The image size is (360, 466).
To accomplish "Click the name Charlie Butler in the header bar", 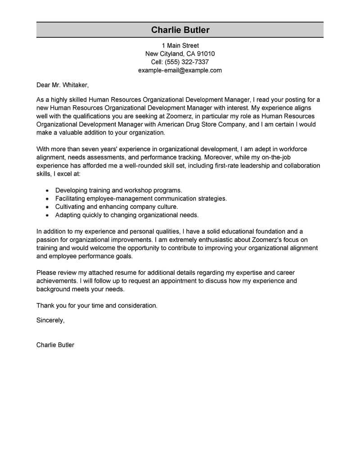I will pos(180,30).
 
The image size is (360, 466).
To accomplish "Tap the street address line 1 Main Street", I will pos(180,45).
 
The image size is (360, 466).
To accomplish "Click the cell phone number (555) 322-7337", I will pos(186,62).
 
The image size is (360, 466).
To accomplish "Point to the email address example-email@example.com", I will pos(180,71).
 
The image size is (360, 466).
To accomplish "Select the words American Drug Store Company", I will pos(204,125).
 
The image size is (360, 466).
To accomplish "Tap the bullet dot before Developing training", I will pos(47,190).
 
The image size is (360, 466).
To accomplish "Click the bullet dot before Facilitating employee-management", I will pos(47,199).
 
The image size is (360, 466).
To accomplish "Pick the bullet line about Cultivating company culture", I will pos(117,207).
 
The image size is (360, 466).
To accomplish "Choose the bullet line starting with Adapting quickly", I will pos(126,215).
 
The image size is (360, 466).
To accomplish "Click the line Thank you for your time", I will pos(97,305).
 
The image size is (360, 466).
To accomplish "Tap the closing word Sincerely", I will pos(50,320).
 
